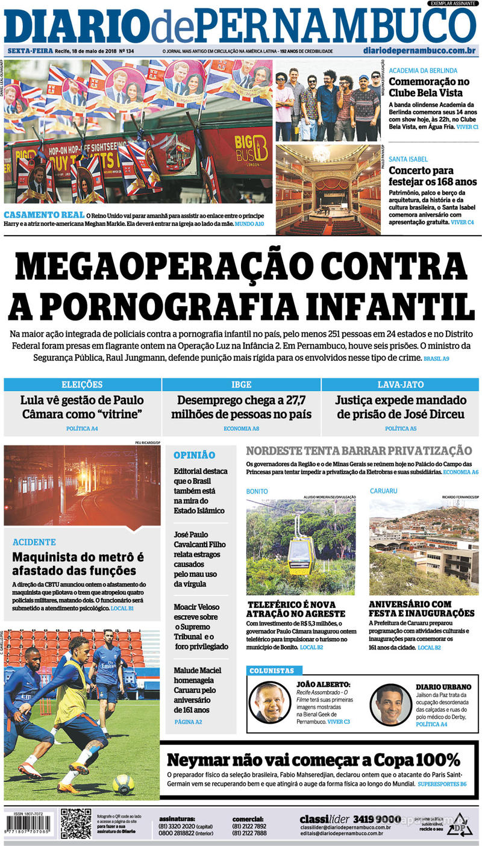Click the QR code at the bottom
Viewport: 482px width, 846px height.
click(x=76, y=823)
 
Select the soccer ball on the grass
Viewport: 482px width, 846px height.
click(x=123, y=783)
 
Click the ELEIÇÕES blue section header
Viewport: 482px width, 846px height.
click(x=82, y=384)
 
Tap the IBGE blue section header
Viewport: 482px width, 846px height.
click(x=241, y=384)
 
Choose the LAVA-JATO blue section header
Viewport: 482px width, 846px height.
click(x=400, y=384)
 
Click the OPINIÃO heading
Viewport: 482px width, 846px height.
click(x=194, y=456)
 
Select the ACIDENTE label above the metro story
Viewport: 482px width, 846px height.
click(x=34, y=542)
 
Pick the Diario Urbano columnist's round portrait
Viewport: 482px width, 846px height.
click(x=391, y=704)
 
